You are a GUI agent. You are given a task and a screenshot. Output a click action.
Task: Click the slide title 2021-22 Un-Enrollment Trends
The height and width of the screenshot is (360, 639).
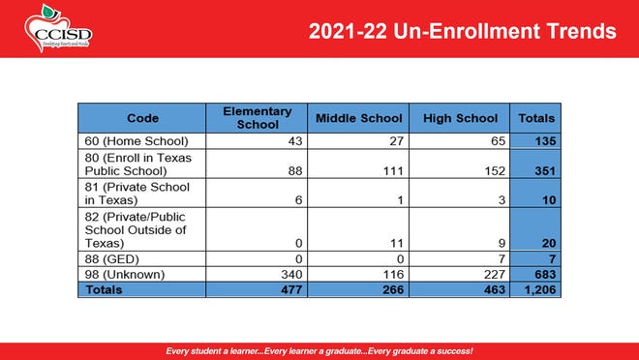(462, 32)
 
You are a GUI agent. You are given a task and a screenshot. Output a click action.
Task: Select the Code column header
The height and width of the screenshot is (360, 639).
(142, 118)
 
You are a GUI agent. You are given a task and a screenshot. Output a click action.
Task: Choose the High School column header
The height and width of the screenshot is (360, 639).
(460, 118)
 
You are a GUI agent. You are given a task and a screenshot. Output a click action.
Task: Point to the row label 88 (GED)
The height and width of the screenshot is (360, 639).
(108, 260)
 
